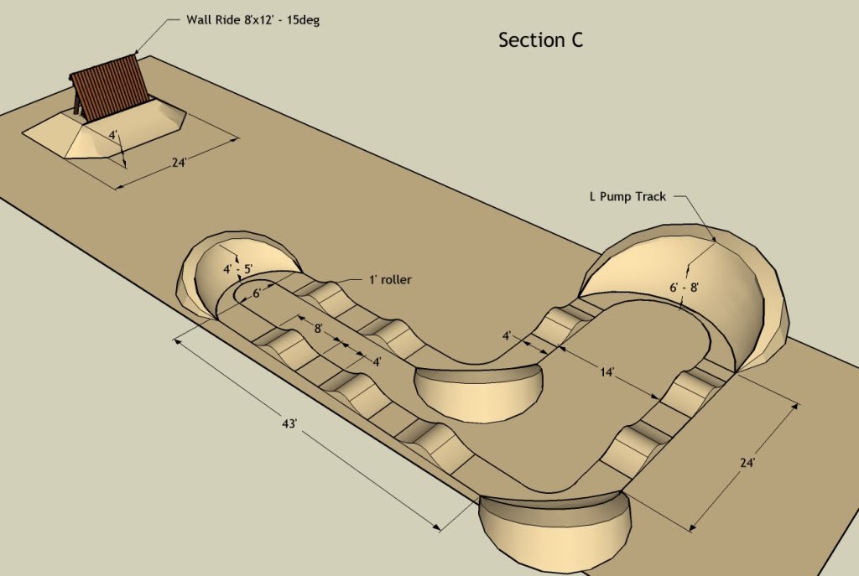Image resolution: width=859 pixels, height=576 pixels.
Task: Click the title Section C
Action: [x=541, y=40]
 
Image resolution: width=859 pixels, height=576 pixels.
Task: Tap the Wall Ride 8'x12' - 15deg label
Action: [x=253, y=20]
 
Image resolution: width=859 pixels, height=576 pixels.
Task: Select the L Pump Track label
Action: [x=627, y=196]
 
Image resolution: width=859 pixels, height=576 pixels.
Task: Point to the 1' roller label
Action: [x=390, y=280]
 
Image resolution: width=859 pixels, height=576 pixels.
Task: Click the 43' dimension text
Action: [x=289, y=423]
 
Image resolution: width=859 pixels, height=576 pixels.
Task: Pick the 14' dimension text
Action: [x=607, y=372]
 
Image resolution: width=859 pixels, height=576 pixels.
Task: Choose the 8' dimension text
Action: [x=318, y=329]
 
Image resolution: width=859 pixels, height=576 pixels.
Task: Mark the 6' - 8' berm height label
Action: [x=685, y=287]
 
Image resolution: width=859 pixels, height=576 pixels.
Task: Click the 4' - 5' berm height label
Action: [x=237, y=269]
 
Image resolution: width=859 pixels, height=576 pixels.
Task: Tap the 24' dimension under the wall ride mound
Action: [x=180, y=163]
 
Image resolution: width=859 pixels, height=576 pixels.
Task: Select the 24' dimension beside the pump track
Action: [x=747, y=462]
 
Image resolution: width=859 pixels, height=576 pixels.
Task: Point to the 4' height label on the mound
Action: [x=113, y=135]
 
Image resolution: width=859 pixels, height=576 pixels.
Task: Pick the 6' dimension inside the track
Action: [x=257, y=293]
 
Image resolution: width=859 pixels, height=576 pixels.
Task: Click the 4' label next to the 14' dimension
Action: [x=507, y=335]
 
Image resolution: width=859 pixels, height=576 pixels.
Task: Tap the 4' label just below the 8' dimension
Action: [x=377, y=362]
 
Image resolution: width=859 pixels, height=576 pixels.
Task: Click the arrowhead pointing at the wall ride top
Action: [x=138, y=50]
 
